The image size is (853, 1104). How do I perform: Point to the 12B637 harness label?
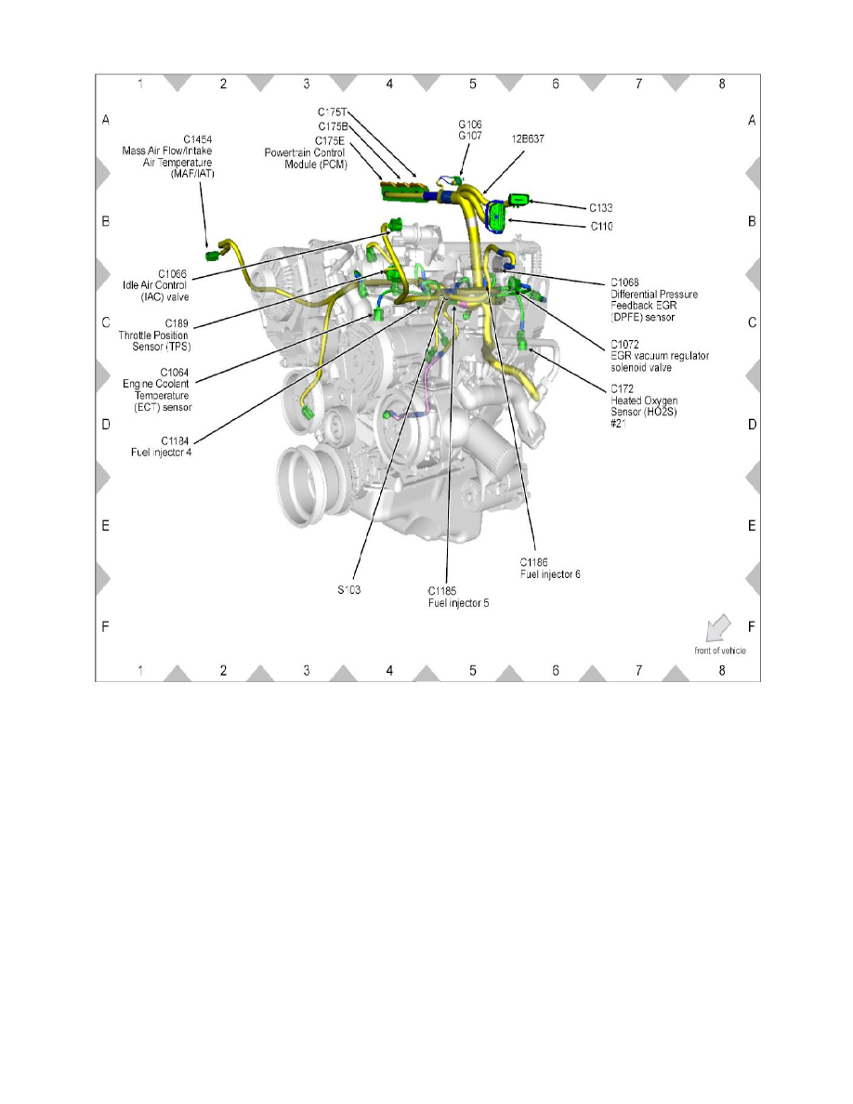click(527, 139)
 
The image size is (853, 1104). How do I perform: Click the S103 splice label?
click(350, 588)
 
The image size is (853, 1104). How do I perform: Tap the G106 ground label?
click(470, 124)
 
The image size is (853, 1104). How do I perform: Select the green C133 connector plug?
click(520, 200)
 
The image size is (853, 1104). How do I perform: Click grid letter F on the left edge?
click(106, 627)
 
